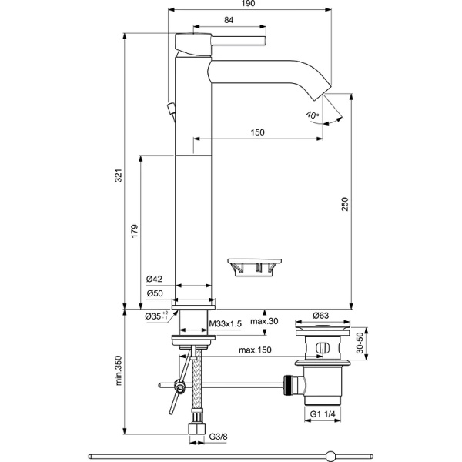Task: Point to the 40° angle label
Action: click(x=312, y=115)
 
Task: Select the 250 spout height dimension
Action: click(x=345, y=203)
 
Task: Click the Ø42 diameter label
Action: click(x=153, y=279)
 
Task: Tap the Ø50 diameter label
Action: click(x=153, y=293)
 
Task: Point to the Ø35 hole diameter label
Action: click(x=156, y=315)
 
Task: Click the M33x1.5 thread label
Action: click(x=226, y=324)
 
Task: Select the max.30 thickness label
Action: click(x=263, y=321)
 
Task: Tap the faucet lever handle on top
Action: click(x=231, y=38)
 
